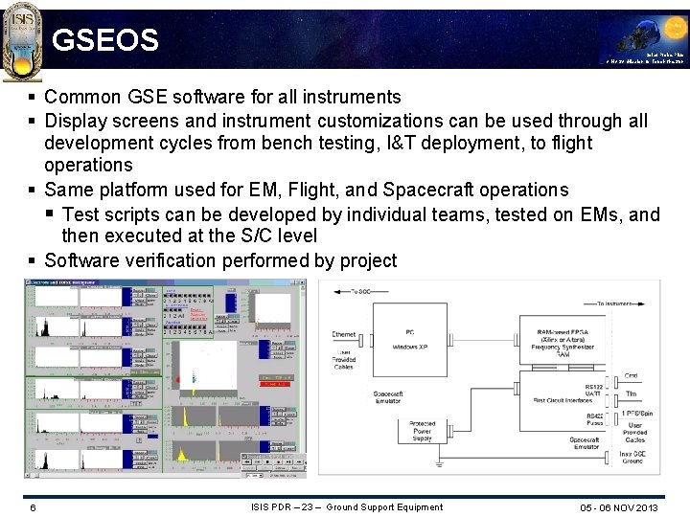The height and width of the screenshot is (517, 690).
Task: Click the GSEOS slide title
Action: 104,40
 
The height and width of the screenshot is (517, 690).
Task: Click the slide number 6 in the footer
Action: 33,507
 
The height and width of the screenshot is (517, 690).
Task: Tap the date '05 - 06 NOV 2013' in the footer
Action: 619,507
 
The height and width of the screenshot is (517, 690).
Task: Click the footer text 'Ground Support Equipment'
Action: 384,506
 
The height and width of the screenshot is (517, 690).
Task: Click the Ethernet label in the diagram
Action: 343,335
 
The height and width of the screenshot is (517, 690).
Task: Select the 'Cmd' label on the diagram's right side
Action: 631,375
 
